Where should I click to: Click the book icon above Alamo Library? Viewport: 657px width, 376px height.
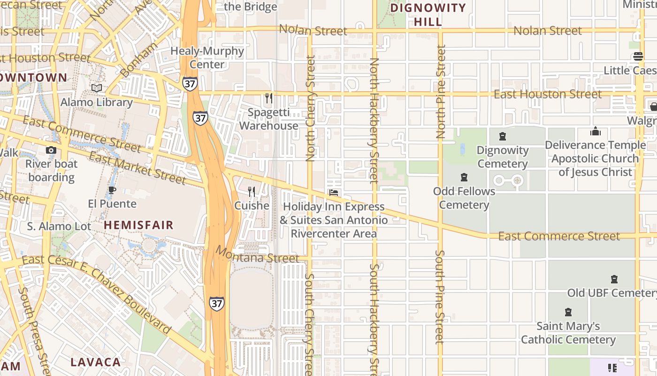tap(97, 88)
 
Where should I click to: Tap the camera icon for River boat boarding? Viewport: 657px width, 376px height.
tap(51, 150)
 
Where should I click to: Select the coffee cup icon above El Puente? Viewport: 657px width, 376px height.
tap(112, 190)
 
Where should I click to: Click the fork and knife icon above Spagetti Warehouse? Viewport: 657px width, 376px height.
tap(268, 98)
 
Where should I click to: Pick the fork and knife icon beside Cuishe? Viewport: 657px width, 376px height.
tap(252, 192)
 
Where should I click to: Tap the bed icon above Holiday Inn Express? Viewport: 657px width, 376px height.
tap(334, 193)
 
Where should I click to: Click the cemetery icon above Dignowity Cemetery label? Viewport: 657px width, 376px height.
tap(503, 137)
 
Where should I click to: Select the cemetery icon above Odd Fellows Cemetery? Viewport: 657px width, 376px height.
tap(464, 178)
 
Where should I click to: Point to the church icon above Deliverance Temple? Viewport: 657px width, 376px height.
tap(595, 131)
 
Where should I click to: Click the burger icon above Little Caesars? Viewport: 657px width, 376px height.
tap(638, 57)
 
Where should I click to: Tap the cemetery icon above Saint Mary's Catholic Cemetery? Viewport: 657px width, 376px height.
tap(568, 312)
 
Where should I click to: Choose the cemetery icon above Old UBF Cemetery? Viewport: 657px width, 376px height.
tap(614, 279)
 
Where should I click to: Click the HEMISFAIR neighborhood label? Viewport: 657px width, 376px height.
tap(138, 225)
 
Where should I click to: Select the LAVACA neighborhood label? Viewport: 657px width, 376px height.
tap(96, 362)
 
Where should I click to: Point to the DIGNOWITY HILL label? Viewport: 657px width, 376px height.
tap(428, 15)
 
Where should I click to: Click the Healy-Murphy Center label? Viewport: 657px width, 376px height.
tap(207, 57)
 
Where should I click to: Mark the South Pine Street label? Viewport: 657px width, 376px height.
tap(439, 297)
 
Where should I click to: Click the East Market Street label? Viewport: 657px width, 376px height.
tap(138, 168)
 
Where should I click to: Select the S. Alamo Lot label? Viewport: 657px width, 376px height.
tap(59, 226)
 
